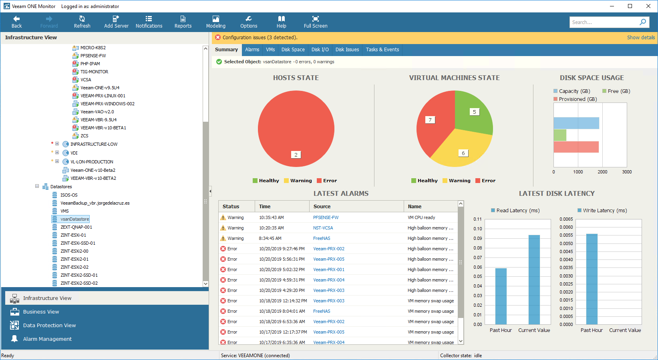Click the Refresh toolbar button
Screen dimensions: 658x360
[x=82, y=22]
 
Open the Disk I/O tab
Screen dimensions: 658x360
[x=320, y=50]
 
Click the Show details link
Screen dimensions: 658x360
[x=641, y=38]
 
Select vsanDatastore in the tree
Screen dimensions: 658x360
[x=74, y=219]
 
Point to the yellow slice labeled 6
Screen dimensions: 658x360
[x=461, y=150]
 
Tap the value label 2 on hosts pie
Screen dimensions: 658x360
[x=296, y=155]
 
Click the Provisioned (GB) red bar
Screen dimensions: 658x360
[x=576, y=147]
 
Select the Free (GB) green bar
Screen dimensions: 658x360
[x=560, y=135]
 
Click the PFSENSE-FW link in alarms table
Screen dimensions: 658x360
[x=326, y=217]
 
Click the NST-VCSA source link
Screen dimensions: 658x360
[x=323, y=228]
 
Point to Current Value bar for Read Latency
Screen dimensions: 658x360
[x=534, y=280]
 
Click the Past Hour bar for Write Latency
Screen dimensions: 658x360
[x=592, y=279]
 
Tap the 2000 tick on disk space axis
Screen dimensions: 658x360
[x=602, y=172]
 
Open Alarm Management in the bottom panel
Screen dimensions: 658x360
[x=47, y=339]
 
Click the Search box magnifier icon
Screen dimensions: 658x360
[x=643, y=22]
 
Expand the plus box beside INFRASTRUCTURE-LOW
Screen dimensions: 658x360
[x=57, y=144]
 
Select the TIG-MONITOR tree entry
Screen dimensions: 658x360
[x=94, y=72]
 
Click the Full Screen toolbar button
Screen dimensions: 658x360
[x=316, y=22]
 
